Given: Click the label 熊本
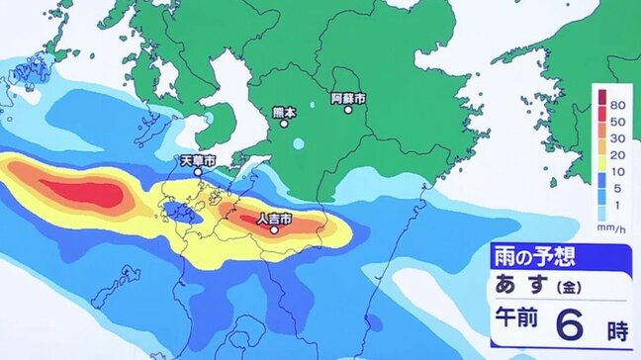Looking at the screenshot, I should [284, 113].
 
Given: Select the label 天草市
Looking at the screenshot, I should [198, 160].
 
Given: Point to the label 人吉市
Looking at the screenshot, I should [273, 217].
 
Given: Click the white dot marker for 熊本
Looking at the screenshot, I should [284, 124].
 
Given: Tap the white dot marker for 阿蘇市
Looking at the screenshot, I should [348, 109].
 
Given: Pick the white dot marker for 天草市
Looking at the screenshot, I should [199, 172].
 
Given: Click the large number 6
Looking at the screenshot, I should [567, 323].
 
